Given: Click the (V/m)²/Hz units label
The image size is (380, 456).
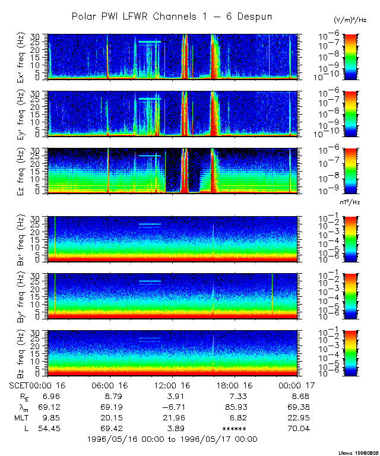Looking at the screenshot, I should tap(350, 20).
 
